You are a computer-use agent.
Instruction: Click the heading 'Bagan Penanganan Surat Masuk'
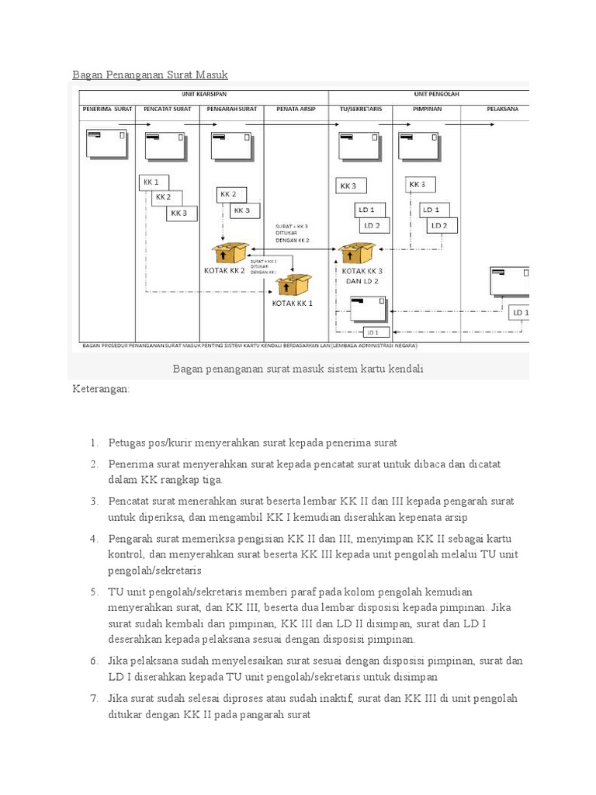(151, 75)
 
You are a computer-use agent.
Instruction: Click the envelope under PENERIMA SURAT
(107, 144)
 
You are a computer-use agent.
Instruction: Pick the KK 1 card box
(151, 182)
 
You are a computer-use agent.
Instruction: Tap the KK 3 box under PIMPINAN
(419, 185)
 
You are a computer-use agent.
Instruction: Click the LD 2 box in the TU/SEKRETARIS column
(373, 225)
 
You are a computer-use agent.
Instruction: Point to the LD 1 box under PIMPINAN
(431, 210)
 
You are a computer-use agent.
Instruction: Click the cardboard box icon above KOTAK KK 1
(293, 285)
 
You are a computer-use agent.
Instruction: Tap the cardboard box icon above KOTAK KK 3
(357, 254)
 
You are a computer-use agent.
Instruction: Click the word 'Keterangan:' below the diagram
(101, 387)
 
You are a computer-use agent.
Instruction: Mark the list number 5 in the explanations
(94, 592)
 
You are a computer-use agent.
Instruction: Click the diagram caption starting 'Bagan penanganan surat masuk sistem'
(299, 369)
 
